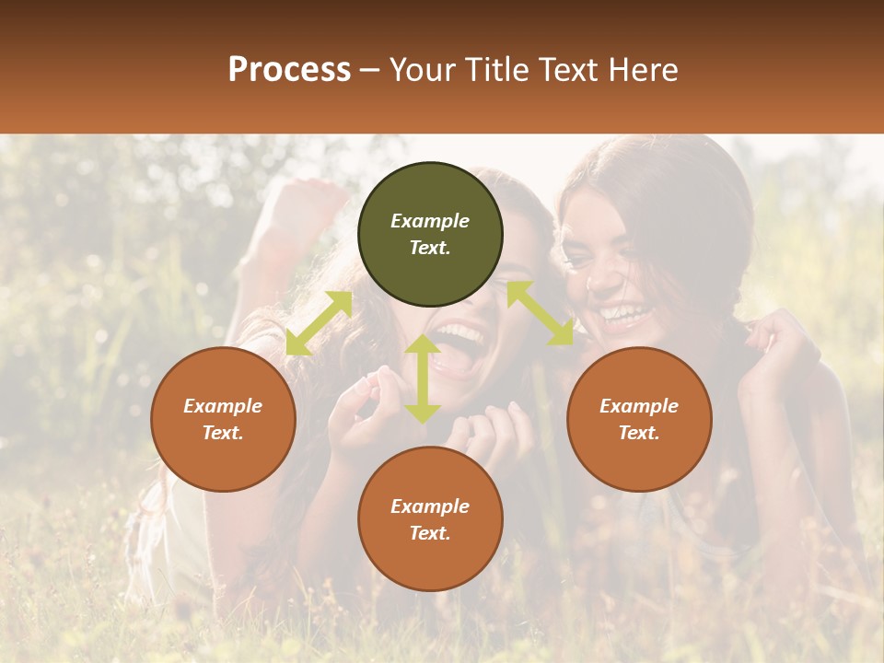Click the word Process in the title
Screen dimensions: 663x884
(x=289, y=70)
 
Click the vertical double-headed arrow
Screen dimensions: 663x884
(x=423, y=378)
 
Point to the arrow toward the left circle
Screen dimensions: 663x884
(x=319, y=323)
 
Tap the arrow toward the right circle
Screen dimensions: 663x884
(x=540, y=313)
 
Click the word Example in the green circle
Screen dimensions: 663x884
(x=430, y=221)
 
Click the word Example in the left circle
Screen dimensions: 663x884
(x=223, y=406)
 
